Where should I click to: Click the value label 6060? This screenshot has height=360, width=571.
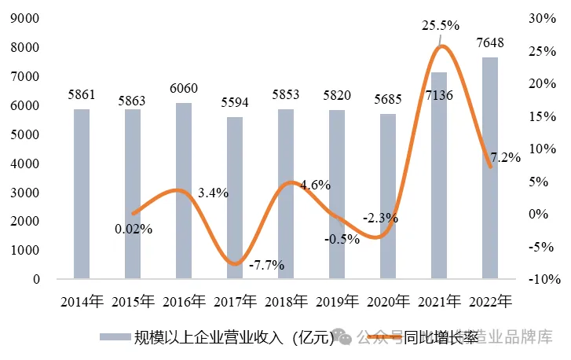[183, 87]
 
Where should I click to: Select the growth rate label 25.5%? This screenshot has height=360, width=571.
[441, 26]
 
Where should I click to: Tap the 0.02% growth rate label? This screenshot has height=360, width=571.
[133, 229]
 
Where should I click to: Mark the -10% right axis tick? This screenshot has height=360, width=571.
[540, 279]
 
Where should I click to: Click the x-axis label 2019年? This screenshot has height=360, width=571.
[337, 301]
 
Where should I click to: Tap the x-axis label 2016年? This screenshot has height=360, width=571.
[184, 301]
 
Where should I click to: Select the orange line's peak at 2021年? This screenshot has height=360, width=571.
[441, 46]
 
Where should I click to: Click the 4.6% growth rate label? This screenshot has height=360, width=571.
[316, 186]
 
